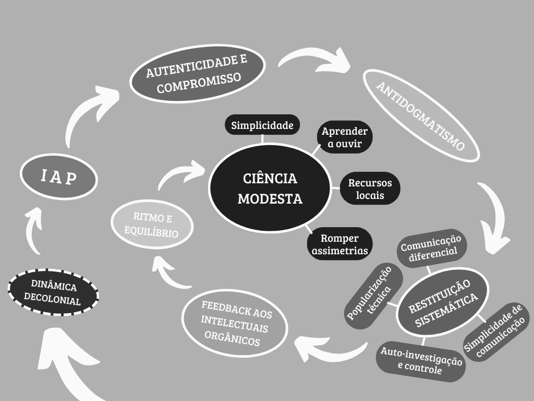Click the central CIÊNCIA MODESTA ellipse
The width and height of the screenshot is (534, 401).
[270, 188]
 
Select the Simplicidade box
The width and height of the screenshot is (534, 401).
[262, 125]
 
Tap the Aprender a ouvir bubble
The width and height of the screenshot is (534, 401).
[345, 137]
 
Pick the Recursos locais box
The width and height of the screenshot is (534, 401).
[370, 188]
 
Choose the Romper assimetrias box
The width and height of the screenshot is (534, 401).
[339, 244]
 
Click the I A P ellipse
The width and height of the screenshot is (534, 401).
[59, 176]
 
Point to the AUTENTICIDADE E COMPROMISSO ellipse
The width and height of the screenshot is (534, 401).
[197, 73]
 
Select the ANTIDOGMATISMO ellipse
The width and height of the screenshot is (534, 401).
[421, 115]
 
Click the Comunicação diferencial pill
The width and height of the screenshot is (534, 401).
[431, 247]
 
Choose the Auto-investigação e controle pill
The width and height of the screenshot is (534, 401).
[421, 361]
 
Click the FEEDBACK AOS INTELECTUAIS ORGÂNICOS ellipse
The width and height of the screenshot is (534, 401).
[235, 323]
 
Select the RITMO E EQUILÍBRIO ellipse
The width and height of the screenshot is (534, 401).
[152, 224]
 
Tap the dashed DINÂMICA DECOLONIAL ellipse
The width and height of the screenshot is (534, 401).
[53, 292]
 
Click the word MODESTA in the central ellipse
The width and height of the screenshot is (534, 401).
[270, 199]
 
